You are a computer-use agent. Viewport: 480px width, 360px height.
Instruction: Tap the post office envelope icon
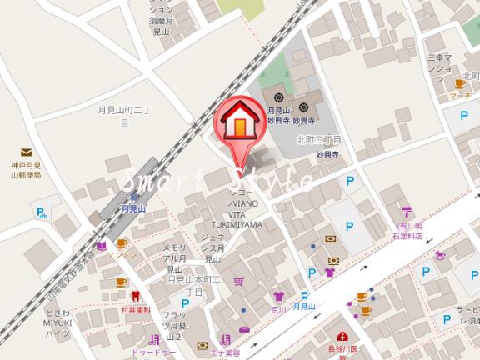[x=27, y=152]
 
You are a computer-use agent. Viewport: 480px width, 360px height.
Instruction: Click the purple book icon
[x=101, y=246]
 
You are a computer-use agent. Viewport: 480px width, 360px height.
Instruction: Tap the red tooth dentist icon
[x=135, y=295]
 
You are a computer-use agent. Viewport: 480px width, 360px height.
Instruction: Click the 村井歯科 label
[x=135, y=309]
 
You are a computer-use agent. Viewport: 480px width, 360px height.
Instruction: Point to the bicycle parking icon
[x=41, y=213]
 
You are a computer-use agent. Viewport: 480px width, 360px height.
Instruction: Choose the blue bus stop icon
[x=306, y=295]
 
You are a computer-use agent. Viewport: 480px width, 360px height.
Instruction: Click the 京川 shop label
[x=278, y=308]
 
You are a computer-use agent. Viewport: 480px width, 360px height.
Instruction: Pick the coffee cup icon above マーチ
[x=459, y=83]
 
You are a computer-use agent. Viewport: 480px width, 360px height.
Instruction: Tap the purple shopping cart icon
[x=239, y=282]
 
